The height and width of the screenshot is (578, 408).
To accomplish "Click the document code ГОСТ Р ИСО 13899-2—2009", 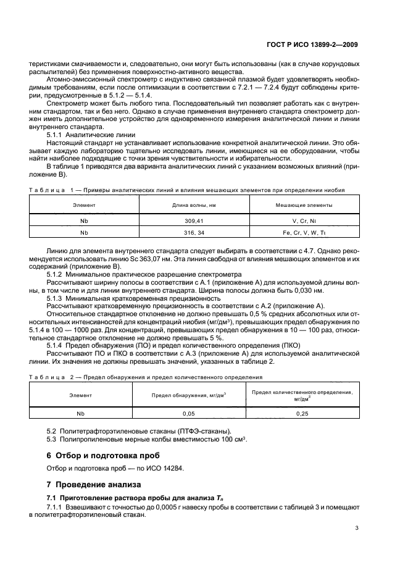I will (x=312, y=44).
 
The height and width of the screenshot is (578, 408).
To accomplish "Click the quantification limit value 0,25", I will (x=302, y=413).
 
